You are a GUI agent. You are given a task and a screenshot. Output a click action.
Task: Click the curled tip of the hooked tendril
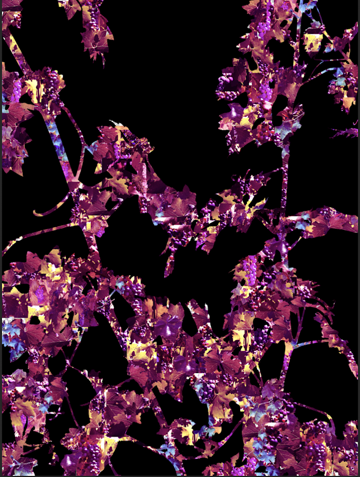(x=36, y=211)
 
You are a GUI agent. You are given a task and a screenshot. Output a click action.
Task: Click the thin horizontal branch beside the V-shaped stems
(x=310, y=342)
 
